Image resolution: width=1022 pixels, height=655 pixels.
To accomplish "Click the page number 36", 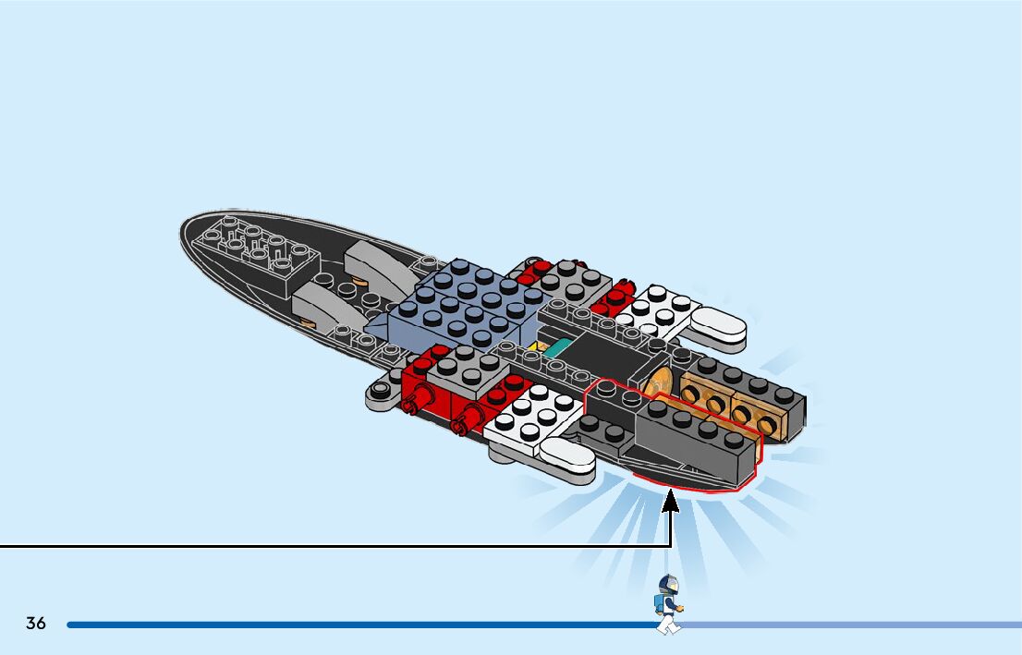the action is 36,624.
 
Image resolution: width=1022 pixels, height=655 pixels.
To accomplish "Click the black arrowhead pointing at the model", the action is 672,502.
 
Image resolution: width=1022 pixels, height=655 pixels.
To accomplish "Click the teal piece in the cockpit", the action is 557,348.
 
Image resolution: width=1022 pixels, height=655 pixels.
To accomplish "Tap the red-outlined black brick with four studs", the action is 693,440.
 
